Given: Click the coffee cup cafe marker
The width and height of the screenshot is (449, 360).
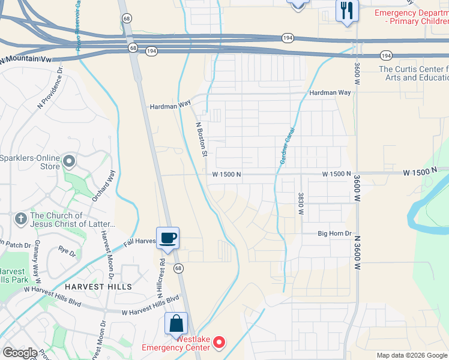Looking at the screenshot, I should click(x=168, y=238).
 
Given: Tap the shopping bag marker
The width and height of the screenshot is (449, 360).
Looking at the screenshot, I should click(x=176, y=324).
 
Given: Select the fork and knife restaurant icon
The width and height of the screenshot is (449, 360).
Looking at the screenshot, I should click(x=347, y=11).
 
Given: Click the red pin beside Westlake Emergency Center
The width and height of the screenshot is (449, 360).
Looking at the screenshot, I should click(x=219, y=343).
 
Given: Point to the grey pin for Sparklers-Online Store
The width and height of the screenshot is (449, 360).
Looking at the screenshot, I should click(x=70, y=161).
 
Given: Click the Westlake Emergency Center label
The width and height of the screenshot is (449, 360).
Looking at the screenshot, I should click(x=176, y=343).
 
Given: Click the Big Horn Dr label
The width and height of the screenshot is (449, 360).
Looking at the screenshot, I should click(x=334, y=233).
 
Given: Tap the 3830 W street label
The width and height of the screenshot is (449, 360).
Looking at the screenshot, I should click(x=300, y=204).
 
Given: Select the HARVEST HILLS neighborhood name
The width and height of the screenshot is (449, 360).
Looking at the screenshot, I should click(x=98, y=287).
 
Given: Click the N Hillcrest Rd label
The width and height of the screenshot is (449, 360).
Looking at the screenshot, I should click(x=161, y=280).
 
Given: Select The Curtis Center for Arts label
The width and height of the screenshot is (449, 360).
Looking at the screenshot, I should click(x=413, y=73).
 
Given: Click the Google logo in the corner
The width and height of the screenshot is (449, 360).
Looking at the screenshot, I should click(x=20, y=353).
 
